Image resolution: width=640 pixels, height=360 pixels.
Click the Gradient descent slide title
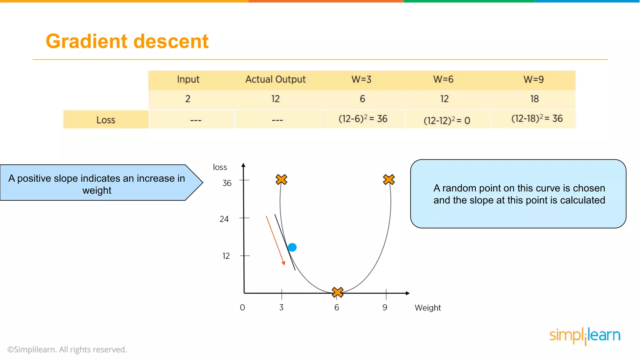coord(127,41)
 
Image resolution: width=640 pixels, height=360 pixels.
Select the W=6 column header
coord(443,79)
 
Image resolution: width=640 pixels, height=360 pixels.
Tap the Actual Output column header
coord(275,79)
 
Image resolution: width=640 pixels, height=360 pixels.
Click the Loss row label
coord(106,120)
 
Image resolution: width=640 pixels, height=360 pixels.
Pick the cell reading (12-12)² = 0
coord(447,120)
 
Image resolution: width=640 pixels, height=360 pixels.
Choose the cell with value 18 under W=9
coord(534,99)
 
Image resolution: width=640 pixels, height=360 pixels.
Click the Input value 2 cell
coord(188,99)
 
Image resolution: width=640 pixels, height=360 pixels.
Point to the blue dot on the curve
coord(292,247)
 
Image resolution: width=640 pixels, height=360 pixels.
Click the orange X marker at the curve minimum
coord(337,292)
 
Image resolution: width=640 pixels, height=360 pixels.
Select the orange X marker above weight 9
coord(389,180)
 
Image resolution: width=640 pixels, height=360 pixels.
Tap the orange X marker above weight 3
coord(281,180)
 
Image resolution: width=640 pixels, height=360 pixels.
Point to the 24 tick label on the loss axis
coord(224,219)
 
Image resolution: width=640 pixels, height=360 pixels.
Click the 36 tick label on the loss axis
coord(227,183)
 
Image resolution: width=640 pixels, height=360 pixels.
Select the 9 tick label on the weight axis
coord(385,307)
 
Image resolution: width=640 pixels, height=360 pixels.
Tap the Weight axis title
coord(427,308)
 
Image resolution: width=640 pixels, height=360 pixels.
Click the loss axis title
coord(220,167)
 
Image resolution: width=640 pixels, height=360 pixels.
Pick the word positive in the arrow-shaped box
coord(34,178)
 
